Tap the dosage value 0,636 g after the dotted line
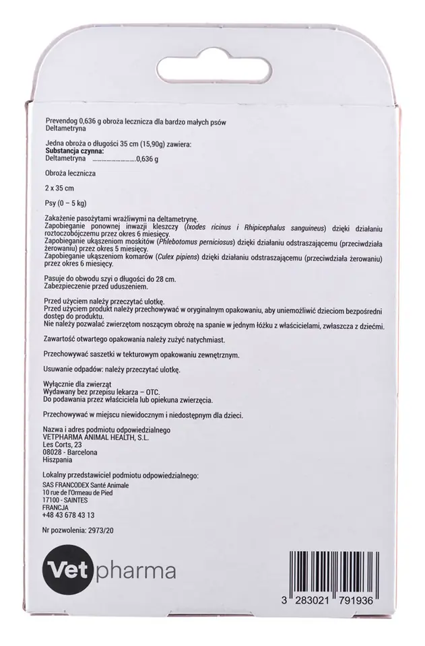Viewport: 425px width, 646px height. [147, 159]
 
